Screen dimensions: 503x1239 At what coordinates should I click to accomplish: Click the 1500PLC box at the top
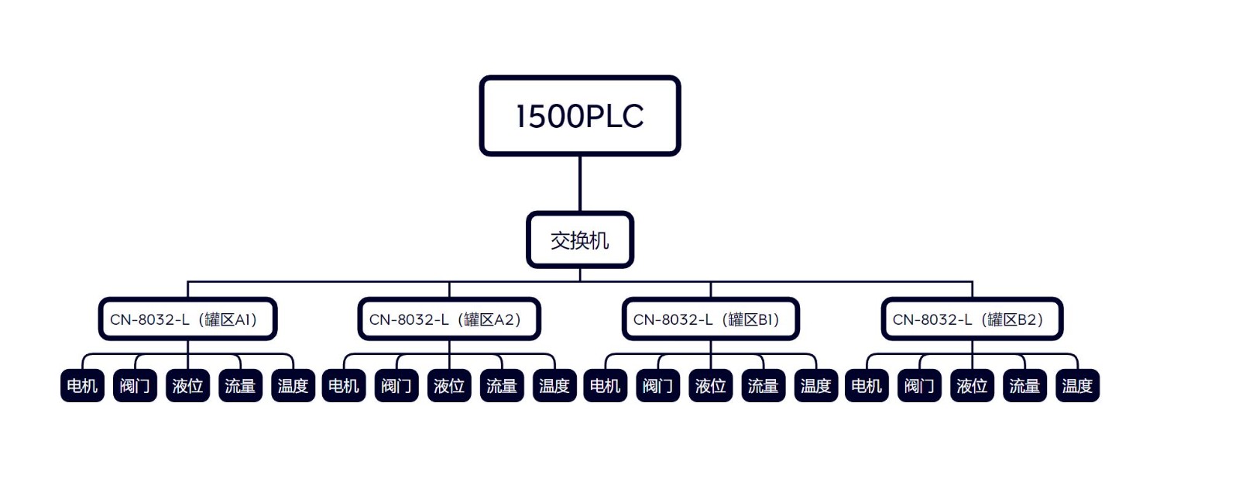pyautogui.click(x=579, y=116)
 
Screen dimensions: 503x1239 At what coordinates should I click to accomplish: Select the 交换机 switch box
pyautogui.click(x=579, y=240)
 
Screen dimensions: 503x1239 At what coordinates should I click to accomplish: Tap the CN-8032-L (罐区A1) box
pyautogui.click(x=187, y=319)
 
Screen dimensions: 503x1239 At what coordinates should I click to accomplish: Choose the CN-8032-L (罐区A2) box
pyautogui.click(x=448, y=319)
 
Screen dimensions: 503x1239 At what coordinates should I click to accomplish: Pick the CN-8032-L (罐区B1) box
pyautogui.click(x=710, y=319)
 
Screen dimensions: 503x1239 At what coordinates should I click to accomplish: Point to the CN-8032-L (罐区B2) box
pyautogui.click(x=972, y=319)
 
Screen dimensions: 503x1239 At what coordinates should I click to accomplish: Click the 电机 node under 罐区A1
pyautogui.click(x=82, y=386)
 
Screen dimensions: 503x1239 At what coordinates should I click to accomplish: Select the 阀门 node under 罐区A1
pyautogui.click(x=135, y=386)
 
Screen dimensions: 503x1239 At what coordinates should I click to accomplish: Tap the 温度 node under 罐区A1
pyautogui.click(x=293, y=386)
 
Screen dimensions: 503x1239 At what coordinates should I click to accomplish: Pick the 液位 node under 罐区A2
pyautogui.click(x=449, y=386)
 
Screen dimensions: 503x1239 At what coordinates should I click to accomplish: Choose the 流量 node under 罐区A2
pyautogui.click(x=502, y=386)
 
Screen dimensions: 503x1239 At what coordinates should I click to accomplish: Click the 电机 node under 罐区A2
pyautogui.click(x=344, y=386)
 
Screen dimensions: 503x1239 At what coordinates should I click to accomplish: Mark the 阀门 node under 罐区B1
pyautogui.click(x=658, y=386)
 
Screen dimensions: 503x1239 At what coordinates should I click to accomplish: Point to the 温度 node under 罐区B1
pyautogui.click(x=816, y=386)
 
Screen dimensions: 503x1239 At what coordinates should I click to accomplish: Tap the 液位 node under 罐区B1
pyautogui.click(x=711, y=386)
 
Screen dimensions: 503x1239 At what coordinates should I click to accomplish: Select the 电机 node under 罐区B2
pyautogui.click(x=867, y=386)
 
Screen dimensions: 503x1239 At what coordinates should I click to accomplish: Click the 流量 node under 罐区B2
pyautogui.click(x=1024, y=386)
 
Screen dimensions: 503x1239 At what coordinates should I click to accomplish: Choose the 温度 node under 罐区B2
pyautogui.click(x=1077, y=386)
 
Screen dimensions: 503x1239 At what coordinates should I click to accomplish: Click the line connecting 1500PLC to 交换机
pyautogui.click(x=580, y=184)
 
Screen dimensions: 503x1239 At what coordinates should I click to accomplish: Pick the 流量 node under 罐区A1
pyautogui.click(x=240, y=386)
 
